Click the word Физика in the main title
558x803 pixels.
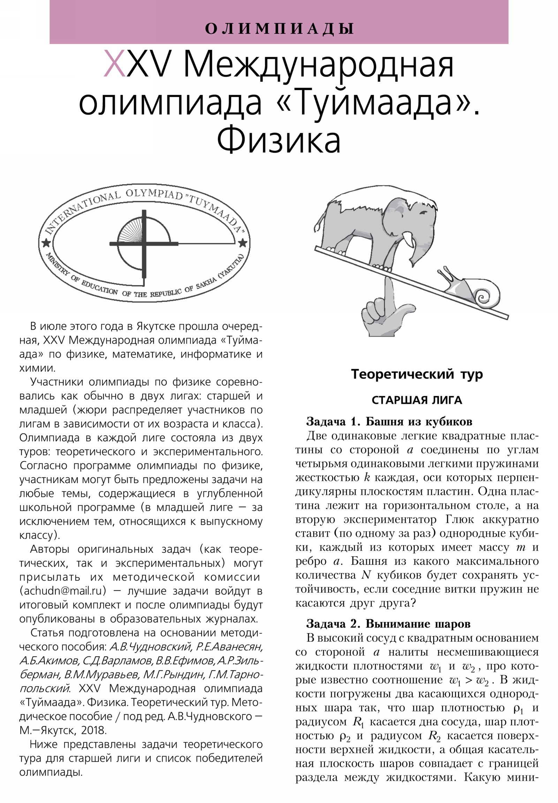pos(278,141)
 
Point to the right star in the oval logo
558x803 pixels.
pos(242,242)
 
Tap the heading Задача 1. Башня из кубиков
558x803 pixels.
pos(389,422)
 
